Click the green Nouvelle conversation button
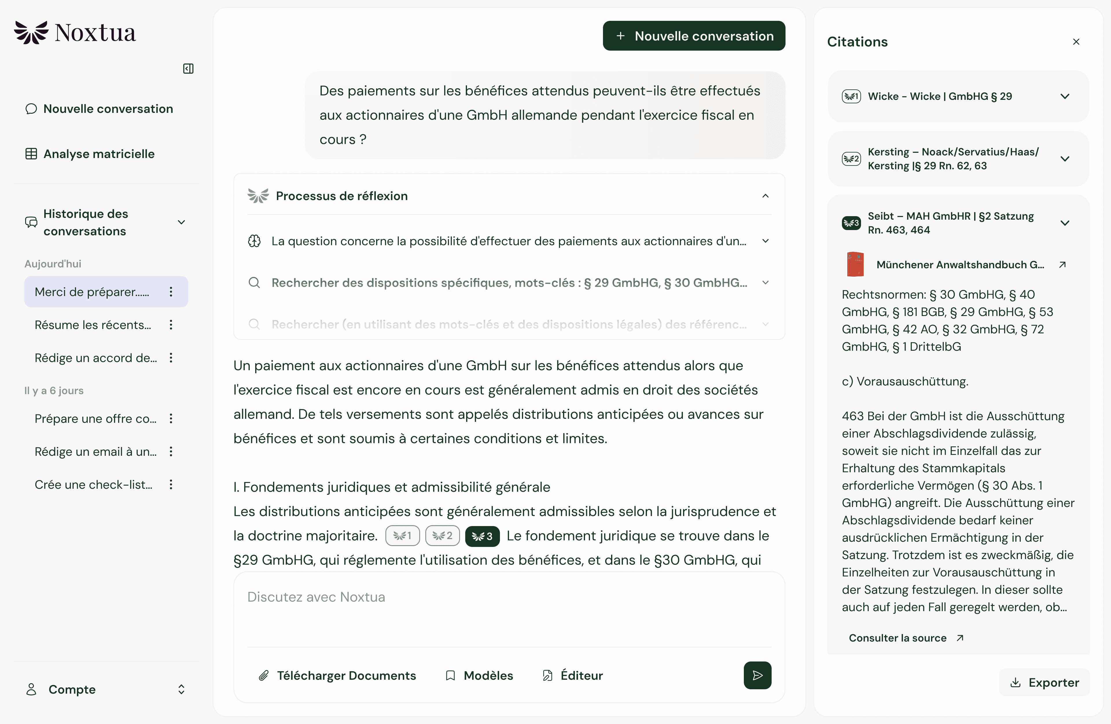pyautogui.click(x=694, y=36)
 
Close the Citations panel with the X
pyautogui.click(x=1076, y=42)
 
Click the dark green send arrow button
pyautogui.click(x=757, y=675)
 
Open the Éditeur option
pyautogui.click(x=572, y=675)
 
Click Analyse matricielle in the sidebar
pyautogui.click(x=90, y=154)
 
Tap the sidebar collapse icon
pyautogui.click(x=188, y=69)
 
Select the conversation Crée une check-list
pyautogui.click(x=93, y=484)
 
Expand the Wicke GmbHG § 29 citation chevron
pyautogui.click(x=1065, y=96)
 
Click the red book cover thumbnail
pyautogui.click(x=855, y=264)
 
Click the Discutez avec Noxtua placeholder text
pyautogui.click(x=316, y=597)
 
